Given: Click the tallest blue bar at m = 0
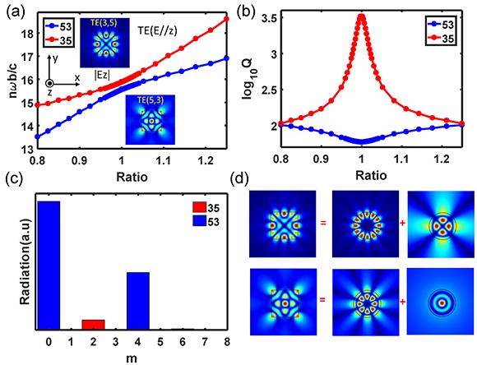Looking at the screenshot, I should coord(49,264).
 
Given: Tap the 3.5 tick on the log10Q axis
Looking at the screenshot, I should coord(277,16).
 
